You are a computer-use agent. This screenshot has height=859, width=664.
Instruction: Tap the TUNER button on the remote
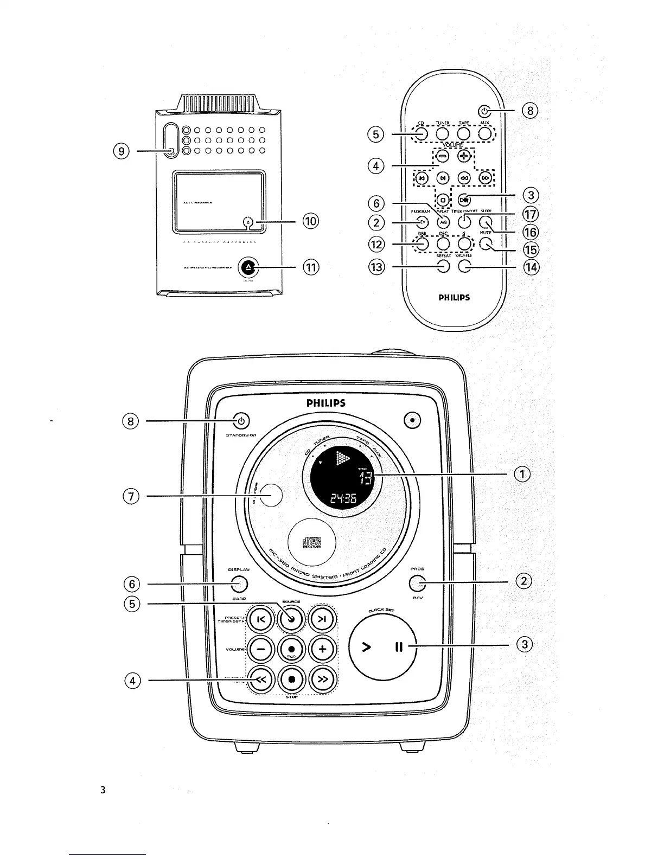[442, 133]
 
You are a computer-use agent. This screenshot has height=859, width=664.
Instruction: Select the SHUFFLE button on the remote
[464, 266]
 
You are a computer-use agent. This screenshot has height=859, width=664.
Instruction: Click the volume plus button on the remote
[463, 156]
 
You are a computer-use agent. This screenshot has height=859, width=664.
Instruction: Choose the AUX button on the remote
[485, 133]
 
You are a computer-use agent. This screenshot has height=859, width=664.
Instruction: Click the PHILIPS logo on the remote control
[454, 297]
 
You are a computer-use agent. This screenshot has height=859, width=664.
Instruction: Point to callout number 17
[530, 214]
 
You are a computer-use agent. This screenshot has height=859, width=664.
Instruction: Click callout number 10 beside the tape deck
[311, 221]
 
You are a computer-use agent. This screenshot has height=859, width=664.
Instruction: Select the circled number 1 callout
[521, 474]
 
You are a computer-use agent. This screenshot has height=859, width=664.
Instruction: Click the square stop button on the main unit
[291, 679]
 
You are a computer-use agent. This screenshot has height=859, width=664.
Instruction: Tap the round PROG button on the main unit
[417, 584]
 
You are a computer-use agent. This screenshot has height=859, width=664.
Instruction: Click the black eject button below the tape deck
[248, 267]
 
